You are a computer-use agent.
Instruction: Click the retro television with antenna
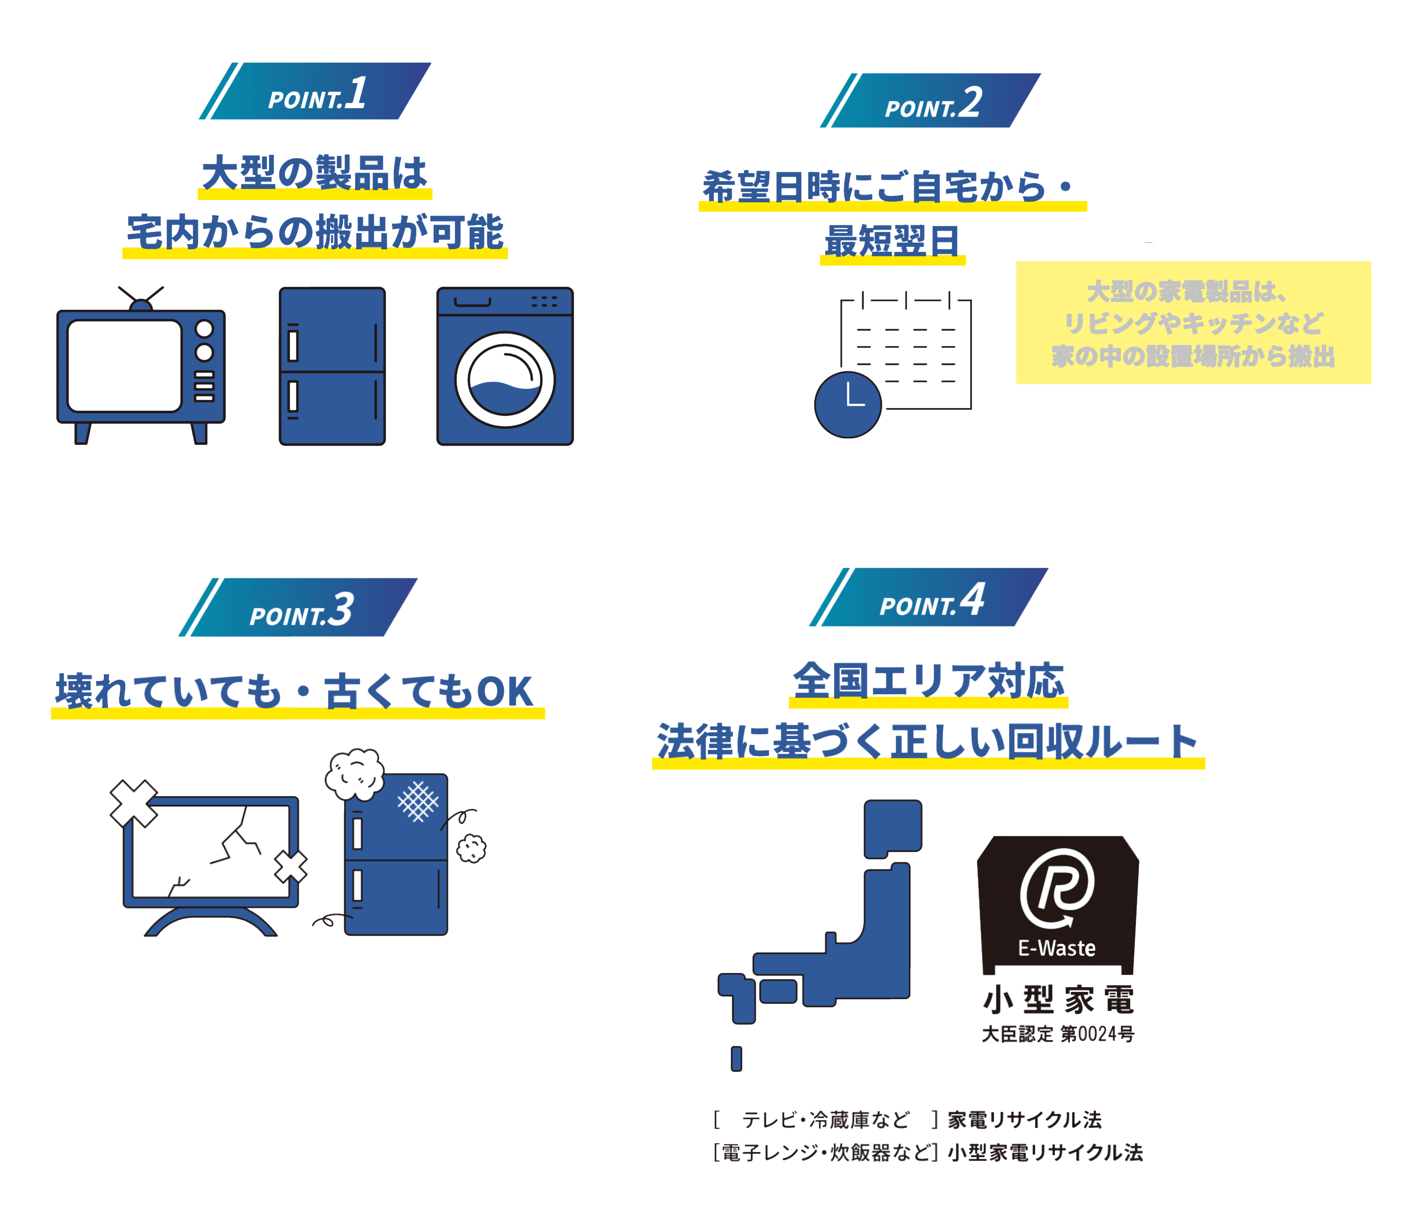(141, 367)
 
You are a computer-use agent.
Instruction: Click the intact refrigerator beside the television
(332, 366)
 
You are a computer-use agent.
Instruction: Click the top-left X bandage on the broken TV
(134, 804)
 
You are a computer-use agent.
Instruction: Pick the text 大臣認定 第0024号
(1058, 1034)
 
